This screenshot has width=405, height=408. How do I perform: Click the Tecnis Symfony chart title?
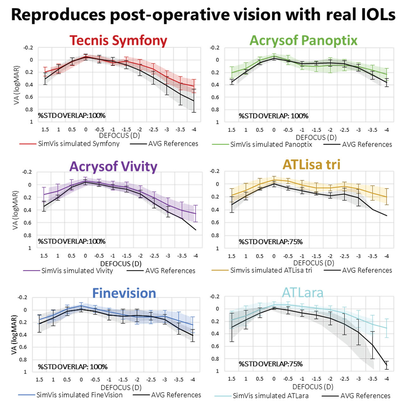[x=118, y=41]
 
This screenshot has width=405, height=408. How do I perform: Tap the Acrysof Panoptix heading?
[x=303, y=40]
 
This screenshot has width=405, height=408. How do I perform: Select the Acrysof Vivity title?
[x=113, y=166]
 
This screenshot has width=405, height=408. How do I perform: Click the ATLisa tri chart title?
[x=311, y=164]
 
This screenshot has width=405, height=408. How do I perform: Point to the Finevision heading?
[x=124, y=293]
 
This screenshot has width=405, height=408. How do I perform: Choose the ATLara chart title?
[x=302, y=292]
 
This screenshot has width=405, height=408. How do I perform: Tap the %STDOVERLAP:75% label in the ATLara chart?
[x=271, y=364]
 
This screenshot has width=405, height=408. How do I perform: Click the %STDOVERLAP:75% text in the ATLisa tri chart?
[x=271, y=242]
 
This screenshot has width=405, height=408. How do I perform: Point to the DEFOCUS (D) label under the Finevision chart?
[x=121, y=387]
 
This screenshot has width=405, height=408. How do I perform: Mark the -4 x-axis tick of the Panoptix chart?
[x=386, y=130]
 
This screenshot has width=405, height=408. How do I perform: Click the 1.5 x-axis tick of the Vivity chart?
[x=44, y=256]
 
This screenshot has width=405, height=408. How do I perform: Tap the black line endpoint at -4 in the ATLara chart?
[x=386, y=365]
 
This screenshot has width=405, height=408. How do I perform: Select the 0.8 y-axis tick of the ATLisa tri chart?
[x=215, y=236]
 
